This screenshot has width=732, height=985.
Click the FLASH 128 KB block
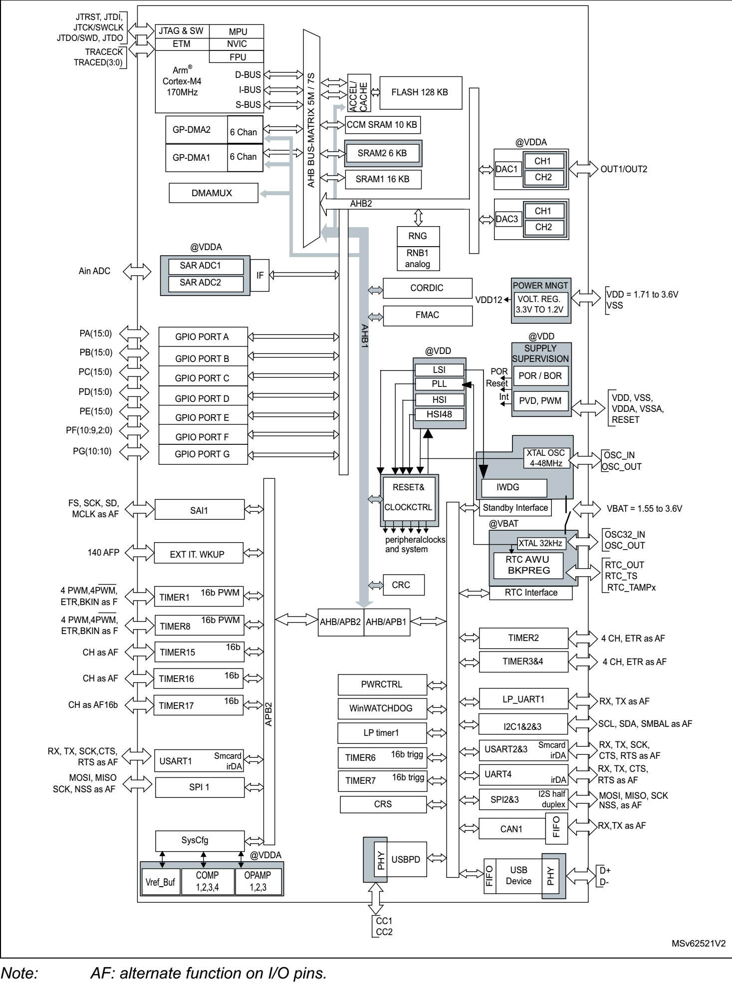tap(420, 92)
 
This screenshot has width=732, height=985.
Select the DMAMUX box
tap(213, 193)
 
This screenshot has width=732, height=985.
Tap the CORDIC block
tap(427, 288)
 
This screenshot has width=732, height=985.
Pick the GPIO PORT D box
tap(203, 398)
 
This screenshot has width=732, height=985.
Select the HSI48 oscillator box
tap(439, 414)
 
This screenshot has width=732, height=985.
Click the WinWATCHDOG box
tap(382, 708)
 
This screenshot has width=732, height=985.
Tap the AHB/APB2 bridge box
tap(340, 622)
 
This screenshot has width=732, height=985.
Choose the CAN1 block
tap(511, 829)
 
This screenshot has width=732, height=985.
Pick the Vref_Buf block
tap(160, 882)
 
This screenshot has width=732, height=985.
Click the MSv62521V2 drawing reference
tap(698, 944)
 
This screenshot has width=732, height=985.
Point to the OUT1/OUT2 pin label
tap(624, 169)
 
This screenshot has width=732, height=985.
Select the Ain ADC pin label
tap(94, 271)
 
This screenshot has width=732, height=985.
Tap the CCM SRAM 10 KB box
tap(382, 125)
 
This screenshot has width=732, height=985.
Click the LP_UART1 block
tap(523, 699)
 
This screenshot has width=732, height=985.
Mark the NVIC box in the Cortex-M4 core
tap(237, 44)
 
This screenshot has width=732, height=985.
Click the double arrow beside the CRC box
tap(376, 585)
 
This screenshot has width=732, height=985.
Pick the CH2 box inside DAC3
tap(543, 227)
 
